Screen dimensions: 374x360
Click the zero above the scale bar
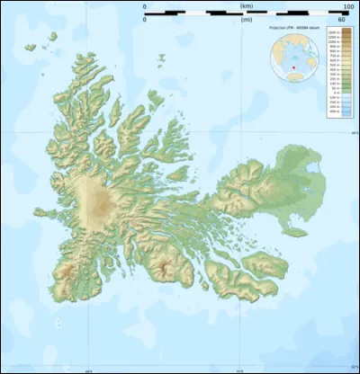click(x=146, y=7)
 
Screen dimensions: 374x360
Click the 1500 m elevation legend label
click(x=336, y=32)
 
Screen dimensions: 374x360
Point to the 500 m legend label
click(x=336, y=65)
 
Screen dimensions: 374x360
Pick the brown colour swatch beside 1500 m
click(x=346, y=32)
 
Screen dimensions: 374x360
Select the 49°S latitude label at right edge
click(x=354, y=133)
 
